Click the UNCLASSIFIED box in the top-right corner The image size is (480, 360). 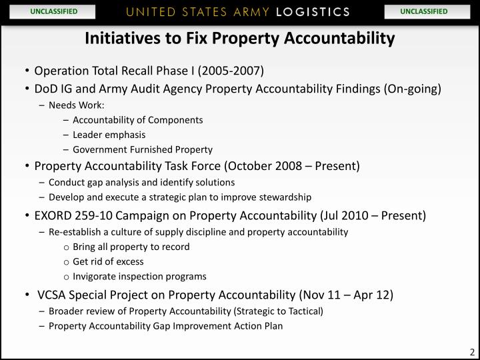(x=424, y=11)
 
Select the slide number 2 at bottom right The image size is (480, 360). (x=471, y=353)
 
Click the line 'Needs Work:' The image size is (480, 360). (x=77, y=105)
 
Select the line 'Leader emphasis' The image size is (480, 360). (x=109, y=135)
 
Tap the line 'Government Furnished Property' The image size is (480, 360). (x=143, y=149)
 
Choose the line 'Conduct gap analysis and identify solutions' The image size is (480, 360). (x=141, y=182)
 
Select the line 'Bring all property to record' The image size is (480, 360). (x=131, y=247)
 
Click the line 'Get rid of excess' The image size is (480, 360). (x=108, y=261)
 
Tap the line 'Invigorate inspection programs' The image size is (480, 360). (x=139, y=276)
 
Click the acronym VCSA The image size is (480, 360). (x=54, y=295)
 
